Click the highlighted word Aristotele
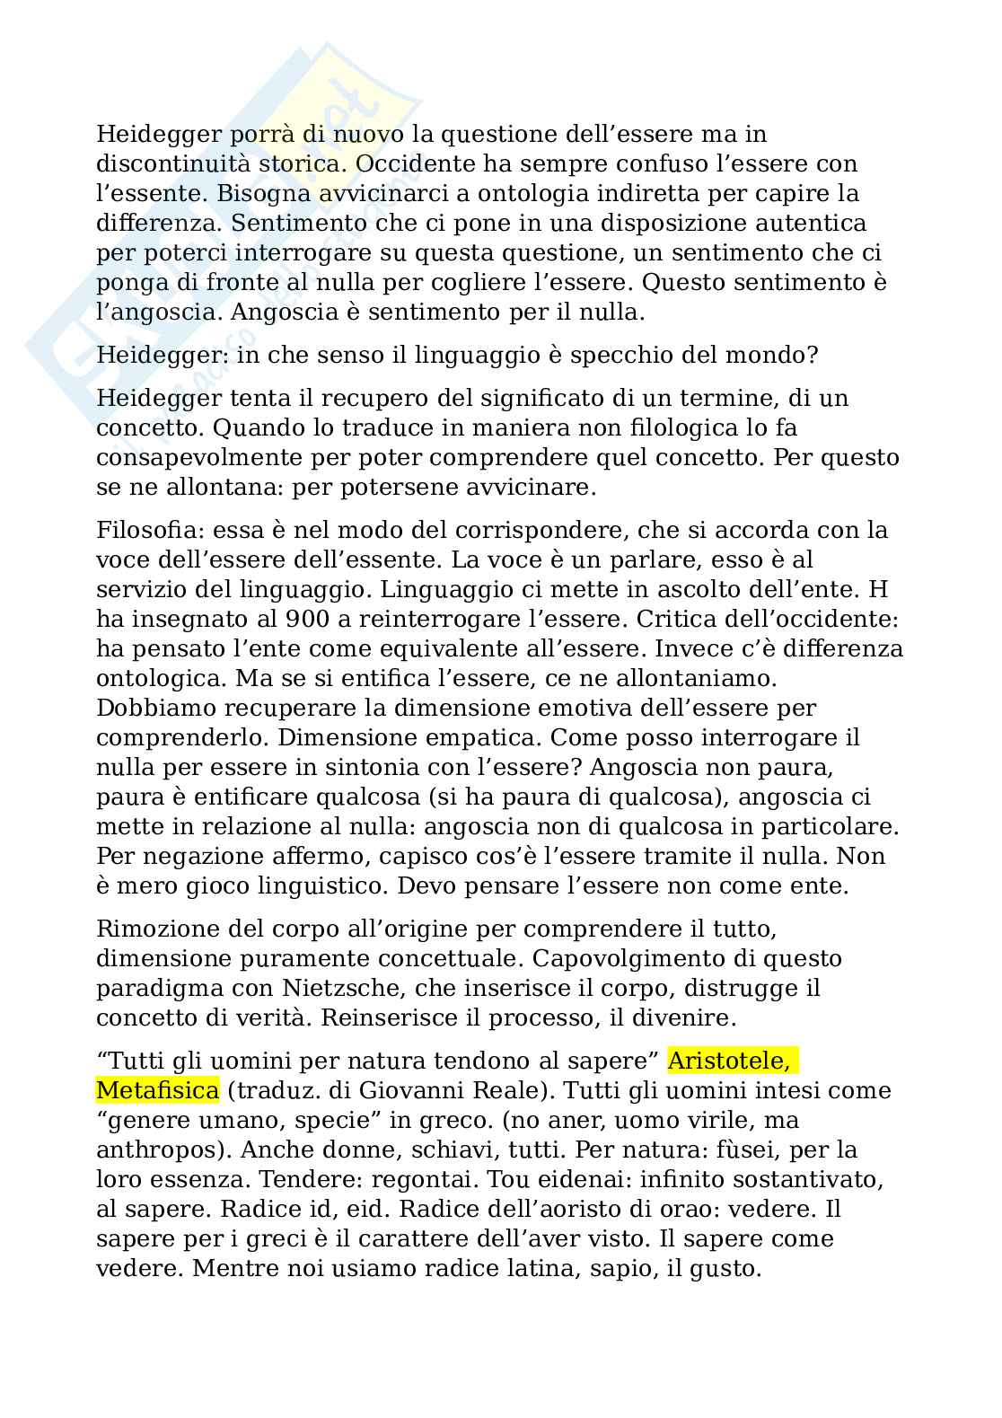(x=729, y=1061)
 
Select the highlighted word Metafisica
(x=157, y=1091)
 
